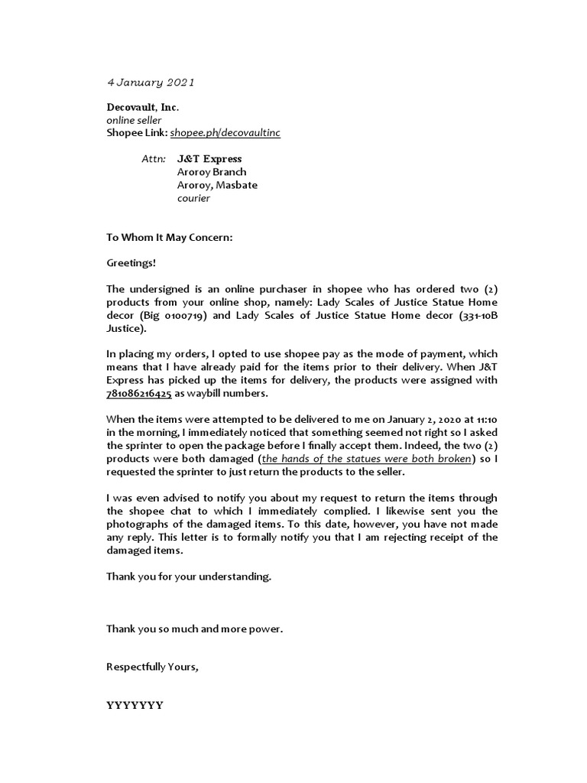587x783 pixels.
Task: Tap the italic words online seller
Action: [134, 121]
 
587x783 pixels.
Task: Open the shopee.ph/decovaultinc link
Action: [225, 133]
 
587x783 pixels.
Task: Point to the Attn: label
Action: [154, 159]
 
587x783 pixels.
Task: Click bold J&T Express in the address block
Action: [209, 159]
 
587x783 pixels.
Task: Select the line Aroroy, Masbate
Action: [217, 185]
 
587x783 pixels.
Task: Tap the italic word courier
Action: [193, 198]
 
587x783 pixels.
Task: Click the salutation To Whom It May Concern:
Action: [169, 238]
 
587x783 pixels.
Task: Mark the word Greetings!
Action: [131, 263]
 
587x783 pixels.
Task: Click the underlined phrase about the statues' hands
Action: [365, 459]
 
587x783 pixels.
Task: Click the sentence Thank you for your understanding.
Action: [189, 577]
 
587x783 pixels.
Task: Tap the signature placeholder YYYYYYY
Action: [135, 705]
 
